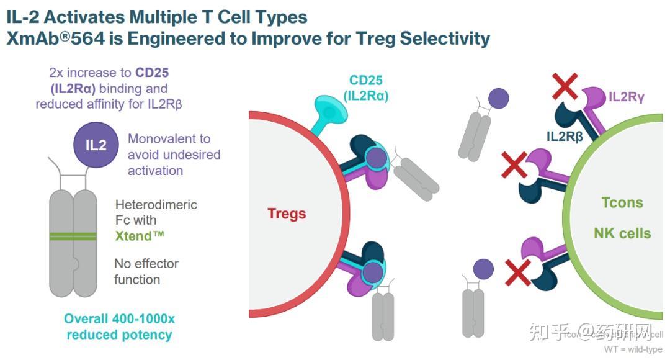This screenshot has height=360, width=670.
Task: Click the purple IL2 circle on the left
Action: tap(96, 145)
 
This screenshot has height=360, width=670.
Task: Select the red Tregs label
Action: tap(287, 214)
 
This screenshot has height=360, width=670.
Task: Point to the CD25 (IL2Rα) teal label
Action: tap(365, 88)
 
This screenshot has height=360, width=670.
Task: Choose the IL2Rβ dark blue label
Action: tap(565, 135)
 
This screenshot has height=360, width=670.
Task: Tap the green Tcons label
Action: tap(622, 202)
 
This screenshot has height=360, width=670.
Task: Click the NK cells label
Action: tap(622, 234)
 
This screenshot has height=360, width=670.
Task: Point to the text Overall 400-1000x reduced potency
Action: tap(119, 326)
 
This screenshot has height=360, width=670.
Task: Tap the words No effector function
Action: tap(146, 271)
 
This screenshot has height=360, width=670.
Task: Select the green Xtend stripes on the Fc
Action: tap(73, 236)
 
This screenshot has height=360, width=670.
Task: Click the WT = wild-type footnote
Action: tap(633, 349)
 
